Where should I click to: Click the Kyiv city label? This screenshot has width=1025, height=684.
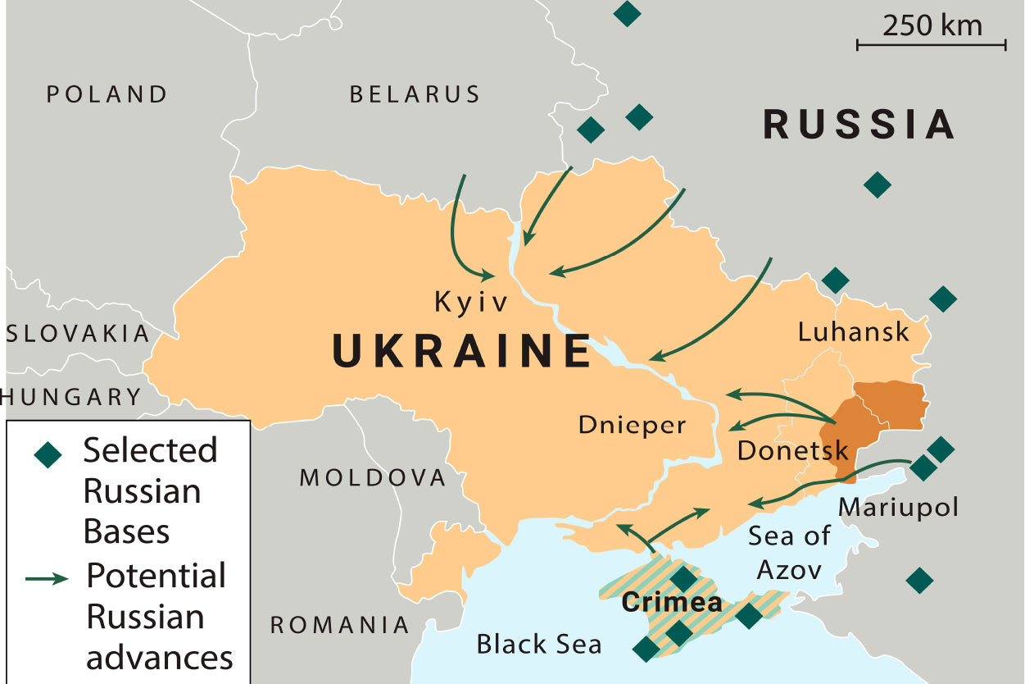(471, 303)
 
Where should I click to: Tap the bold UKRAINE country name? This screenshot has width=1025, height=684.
(461, 351)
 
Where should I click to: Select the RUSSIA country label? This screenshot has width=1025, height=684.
(859, 125)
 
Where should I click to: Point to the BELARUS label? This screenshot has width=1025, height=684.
(415, 94)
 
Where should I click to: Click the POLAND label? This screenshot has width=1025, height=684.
(107, 94)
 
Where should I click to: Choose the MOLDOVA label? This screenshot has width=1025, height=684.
(373, 477)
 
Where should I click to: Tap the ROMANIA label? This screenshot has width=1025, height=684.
(340, 625)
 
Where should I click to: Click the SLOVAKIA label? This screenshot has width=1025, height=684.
(79, 334)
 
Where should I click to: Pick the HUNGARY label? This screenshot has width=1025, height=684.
(72, 398)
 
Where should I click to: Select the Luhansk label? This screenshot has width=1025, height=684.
(853, 331)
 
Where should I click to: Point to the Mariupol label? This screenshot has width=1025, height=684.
(898, 507)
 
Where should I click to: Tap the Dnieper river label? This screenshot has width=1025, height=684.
(632, 425)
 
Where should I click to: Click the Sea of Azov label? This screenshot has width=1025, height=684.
(789, 552)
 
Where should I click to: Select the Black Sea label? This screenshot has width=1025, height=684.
(538, 644)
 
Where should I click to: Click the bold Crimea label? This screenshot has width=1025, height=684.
(672, 603)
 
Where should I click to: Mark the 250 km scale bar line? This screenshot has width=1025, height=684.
(931, 45)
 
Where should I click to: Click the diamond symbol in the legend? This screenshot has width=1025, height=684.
(49, 454)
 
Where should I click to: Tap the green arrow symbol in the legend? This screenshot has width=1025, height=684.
(48, 579)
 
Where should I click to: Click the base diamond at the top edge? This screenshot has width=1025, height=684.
(627, 13)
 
